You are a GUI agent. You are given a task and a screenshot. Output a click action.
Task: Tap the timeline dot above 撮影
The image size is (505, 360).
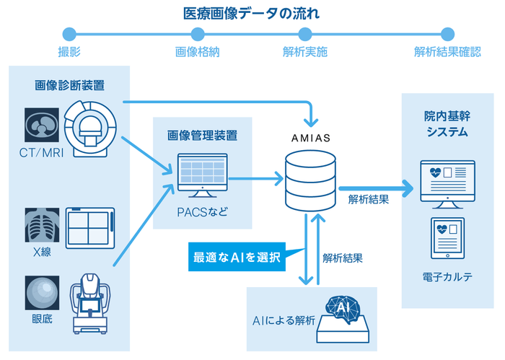click(69, 33)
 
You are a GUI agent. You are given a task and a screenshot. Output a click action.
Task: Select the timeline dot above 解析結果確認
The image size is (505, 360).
click(447, 33)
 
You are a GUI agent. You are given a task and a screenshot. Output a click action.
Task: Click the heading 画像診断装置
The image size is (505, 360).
click(69, 85)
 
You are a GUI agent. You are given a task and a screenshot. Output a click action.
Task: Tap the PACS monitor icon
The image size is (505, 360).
click(203, 177)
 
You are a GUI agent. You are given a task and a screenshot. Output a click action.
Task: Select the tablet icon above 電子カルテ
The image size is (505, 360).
click(447, 238)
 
